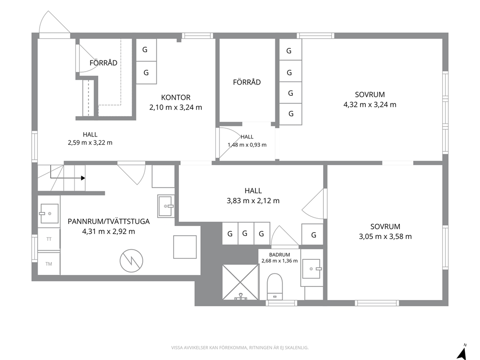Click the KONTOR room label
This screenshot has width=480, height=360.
(x=176, y=97)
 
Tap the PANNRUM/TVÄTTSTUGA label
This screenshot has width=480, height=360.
(x=109, y=221)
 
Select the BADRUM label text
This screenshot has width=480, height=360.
(x=280, y=255)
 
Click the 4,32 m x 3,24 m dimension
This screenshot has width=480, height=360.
(x=370, y=105)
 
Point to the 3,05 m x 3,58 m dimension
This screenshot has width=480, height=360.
(x=385, y=236)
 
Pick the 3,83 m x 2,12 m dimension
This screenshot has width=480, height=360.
(x=253, y=200)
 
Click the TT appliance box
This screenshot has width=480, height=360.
(x=49, y=239)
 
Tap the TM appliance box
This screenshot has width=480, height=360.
(x=49, y=264)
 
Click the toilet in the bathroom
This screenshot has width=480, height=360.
(x=274, y=286)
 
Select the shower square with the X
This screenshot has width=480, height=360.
(x=240, y=282)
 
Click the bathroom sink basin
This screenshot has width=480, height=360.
(x=311, y=269)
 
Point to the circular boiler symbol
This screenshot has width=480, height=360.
(x=131, y=260)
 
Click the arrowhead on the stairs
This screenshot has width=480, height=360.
(x=83, y=178)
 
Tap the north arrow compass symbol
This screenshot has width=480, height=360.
(x=461, y=352)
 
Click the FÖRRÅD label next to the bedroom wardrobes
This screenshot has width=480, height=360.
(x=247, y=82)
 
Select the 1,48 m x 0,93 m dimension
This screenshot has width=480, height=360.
(x=247, y=145)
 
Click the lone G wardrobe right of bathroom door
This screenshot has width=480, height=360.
(x=312, y=234)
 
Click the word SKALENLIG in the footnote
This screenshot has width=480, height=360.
(x=297, y=347)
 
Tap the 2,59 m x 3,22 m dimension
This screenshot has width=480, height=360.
(x=90, y=142)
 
